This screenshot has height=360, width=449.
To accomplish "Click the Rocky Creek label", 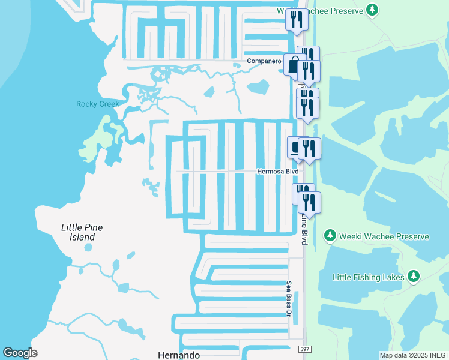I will point(97,104).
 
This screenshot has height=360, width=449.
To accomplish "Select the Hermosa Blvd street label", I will point(277,171).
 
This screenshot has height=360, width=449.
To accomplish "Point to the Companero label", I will point(265,61).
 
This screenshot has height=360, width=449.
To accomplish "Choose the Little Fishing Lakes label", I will point(368,277).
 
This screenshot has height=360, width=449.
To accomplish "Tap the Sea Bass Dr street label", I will point(288,298).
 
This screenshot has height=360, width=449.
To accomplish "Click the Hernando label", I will point(178,355).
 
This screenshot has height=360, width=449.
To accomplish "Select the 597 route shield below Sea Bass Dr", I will point(304,349).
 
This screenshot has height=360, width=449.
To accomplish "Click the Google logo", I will point(20,353).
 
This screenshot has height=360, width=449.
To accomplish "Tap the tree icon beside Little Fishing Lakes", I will point(413,277).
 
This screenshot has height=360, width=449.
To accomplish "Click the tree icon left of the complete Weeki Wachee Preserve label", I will point(329,236).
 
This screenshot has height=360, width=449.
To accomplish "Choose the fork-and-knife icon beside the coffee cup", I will point(310,149).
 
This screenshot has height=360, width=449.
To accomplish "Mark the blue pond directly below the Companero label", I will point(258,87).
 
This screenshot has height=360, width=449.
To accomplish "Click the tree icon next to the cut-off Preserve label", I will point(373,10).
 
